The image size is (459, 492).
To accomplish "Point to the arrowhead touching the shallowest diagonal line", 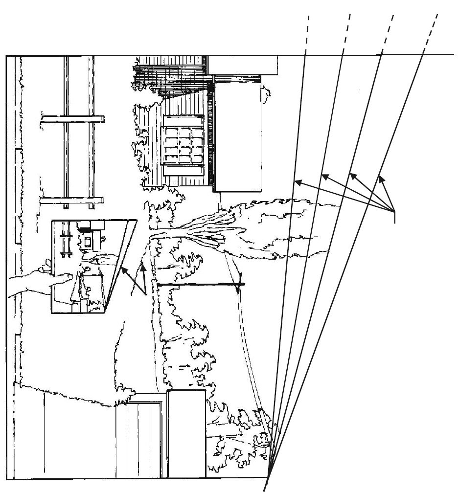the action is tap(381, 177).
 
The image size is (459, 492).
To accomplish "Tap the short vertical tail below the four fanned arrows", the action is tap(394, 218).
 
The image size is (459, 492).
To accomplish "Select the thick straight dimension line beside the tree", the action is tap(198, 284).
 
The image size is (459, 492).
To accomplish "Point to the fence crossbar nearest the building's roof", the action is tap(72, 119).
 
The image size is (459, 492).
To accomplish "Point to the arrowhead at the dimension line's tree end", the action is tap(239, 286).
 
